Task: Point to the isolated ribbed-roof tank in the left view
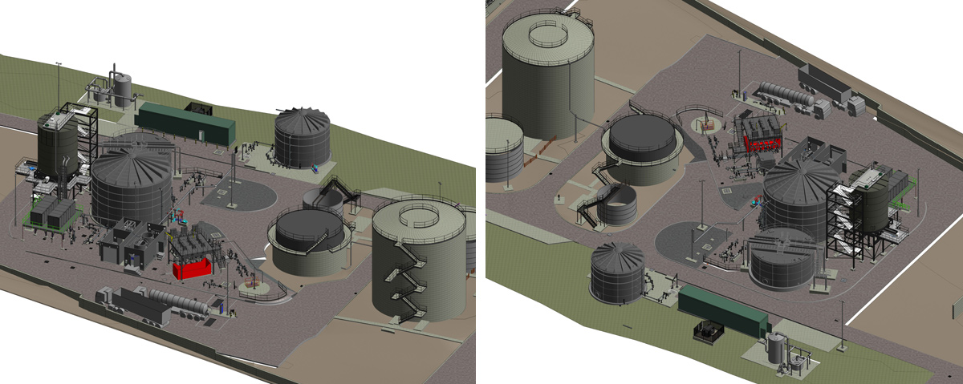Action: [303, 137]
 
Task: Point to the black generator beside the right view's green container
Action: [706, 332]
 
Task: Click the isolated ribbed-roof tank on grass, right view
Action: [616, 272]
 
